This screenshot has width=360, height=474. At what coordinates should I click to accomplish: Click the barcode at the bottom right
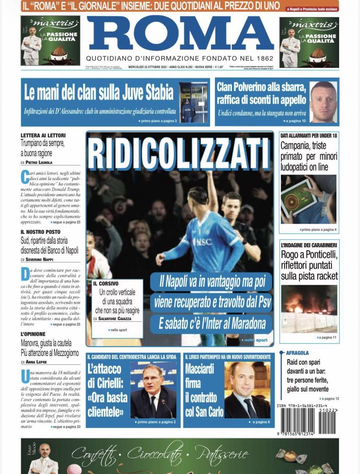pos(308,419)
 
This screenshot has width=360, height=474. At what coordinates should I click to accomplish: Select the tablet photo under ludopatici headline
pos(308,199)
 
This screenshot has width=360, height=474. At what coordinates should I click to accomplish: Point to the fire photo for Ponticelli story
pos(309,309)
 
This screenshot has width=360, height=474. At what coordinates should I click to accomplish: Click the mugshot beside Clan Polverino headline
pos(323,102)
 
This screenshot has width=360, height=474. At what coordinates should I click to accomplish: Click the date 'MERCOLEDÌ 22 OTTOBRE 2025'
pos(147,67)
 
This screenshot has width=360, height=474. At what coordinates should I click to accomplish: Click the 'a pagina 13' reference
pos(329,399)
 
